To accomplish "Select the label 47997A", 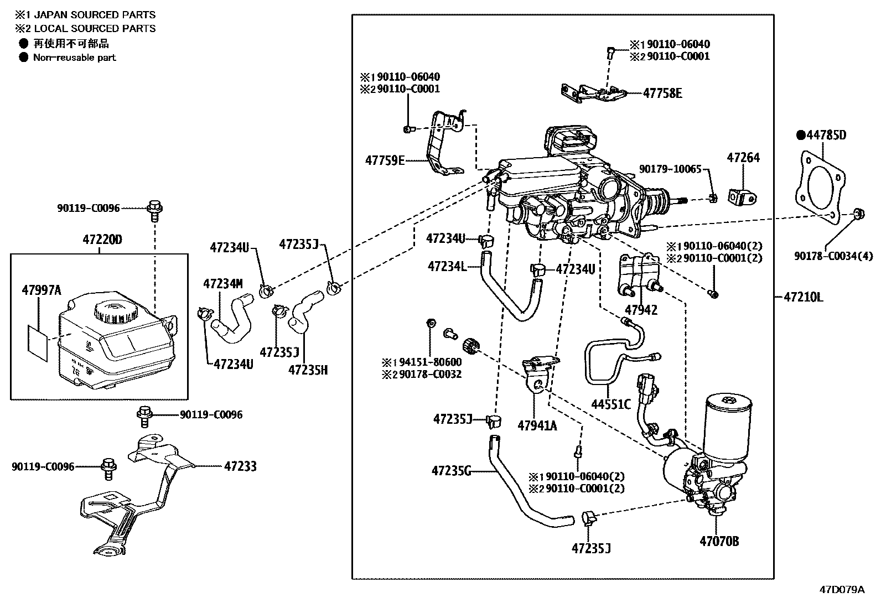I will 41,289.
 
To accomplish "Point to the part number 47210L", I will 803,297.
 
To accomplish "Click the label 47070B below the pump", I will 719,541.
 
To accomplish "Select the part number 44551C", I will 610,404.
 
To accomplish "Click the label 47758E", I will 662,93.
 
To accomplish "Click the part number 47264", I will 743,158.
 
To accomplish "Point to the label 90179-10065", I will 670,169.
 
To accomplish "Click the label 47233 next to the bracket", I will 240,466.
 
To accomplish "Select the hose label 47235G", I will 452,471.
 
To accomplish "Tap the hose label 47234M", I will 222,284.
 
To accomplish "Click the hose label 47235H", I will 308,370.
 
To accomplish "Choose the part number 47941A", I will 537,425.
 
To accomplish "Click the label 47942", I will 641,310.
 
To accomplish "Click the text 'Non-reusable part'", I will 75,57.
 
